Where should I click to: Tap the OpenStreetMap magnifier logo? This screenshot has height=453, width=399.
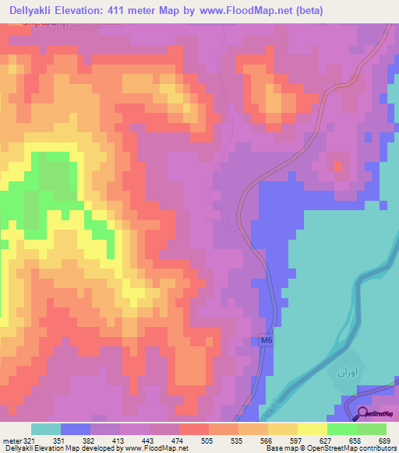tap(363, 414)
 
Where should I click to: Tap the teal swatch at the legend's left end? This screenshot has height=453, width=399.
tap(45, 429)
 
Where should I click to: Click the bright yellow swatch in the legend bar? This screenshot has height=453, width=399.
tap(312, 429)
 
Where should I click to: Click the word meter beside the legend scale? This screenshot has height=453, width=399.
tap(12, 441)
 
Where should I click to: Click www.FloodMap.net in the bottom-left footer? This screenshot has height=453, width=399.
tap(156, 448)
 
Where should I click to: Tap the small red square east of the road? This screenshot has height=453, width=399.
tap(337, 165)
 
